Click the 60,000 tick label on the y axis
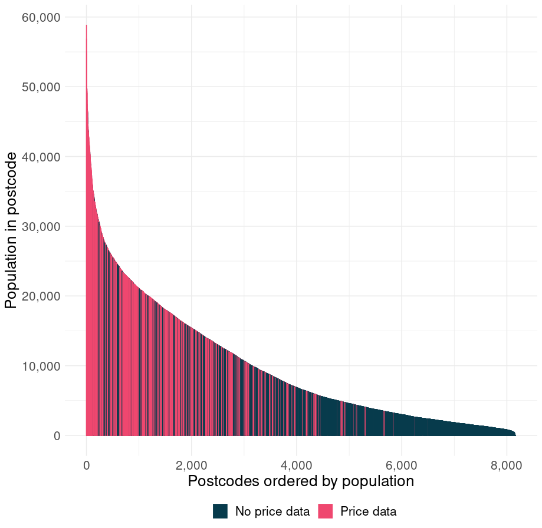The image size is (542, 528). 41,17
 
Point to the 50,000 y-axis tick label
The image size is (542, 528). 41,87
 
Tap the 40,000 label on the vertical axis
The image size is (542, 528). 41,157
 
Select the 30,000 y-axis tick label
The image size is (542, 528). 41,226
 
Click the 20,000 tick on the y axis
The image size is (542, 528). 41,296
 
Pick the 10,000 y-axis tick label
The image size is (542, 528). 41,366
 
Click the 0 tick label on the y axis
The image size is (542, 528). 57,436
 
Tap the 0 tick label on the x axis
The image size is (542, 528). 87,466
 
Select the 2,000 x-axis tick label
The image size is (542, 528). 192,466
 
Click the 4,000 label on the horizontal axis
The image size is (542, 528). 297,466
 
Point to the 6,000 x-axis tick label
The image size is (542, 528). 402,466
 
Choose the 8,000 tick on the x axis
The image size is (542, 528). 507,466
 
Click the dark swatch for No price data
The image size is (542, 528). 220,511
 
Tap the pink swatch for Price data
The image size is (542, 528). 326,511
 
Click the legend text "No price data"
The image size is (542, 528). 272,511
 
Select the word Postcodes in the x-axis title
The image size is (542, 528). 224,481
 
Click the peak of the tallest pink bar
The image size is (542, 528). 87,25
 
